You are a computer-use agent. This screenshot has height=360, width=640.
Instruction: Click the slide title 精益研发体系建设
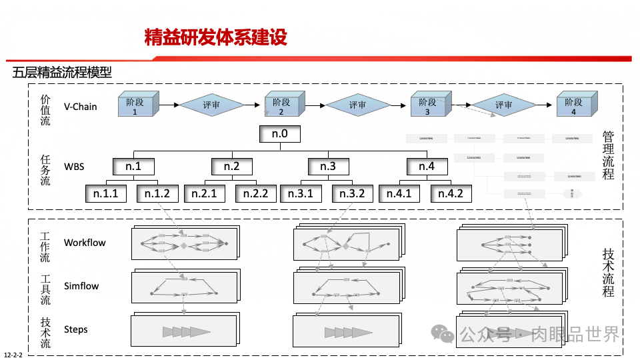(x=215, y=37)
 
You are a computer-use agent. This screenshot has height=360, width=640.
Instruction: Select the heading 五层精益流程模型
(x=62, y=73)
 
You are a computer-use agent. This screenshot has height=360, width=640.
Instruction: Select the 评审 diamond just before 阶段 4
(x=503, y=105)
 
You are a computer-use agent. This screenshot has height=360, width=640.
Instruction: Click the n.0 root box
(x=280, y=134)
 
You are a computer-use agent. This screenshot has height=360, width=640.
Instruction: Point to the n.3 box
(x=328, y=166)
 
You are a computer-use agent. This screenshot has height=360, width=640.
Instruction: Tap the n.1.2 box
(x=157, y=194)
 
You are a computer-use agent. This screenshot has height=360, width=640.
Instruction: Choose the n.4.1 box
(x=399, y=194)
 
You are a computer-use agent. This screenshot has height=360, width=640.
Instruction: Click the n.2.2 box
(x=255, y=194)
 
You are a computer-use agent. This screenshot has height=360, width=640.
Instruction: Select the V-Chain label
(x=80, y=106)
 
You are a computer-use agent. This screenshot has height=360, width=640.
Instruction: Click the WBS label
(x=74, y=166)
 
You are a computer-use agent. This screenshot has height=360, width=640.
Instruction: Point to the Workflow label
(x=85, y=243)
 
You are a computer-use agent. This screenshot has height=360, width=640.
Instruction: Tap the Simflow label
(x=81, y=286)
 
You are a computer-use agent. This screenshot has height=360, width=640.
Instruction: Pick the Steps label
(x=76, y=329)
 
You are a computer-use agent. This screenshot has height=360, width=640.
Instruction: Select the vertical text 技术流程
(x=608, y=272)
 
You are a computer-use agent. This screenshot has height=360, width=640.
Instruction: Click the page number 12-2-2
(x=13, y=355)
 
